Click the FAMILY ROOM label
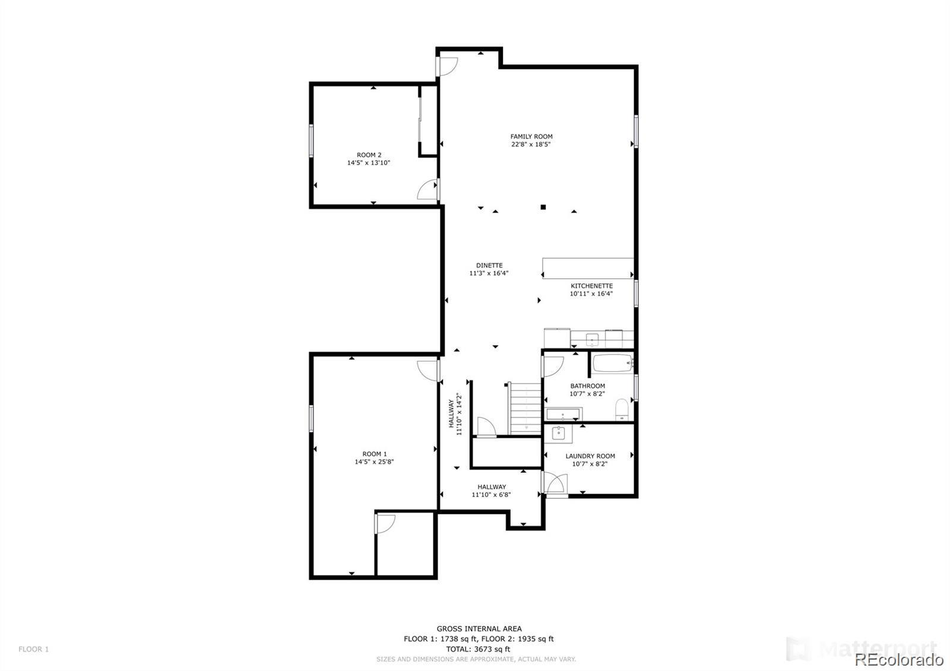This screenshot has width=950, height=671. (531, 137)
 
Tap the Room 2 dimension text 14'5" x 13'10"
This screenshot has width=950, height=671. (368, 163)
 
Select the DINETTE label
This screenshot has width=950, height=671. (489, 265)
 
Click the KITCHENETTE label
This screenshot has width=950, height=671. (591, 286)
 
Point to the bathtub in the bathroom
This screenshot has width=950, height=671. (612, 363)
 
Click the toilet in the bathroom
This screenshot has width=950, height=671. (622, 409)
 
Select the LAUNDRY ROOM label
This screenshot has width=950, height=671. (590, 456)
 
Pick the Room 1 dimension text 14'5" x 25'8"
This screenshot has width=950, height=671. (374, 461)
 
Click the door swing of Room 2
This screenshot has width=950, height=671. (427, 190)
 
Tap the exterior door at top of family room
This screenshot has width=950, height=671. (447, 66)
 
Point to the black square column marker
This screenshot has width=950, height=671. (543, 207)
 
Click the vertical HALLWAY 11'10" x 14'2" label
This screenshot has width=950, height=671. (455, 414)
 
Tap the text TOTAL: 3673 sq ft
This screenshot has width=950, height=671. (478, 649)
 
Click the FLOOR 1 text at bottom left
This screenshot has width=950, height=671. (33, 649)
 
